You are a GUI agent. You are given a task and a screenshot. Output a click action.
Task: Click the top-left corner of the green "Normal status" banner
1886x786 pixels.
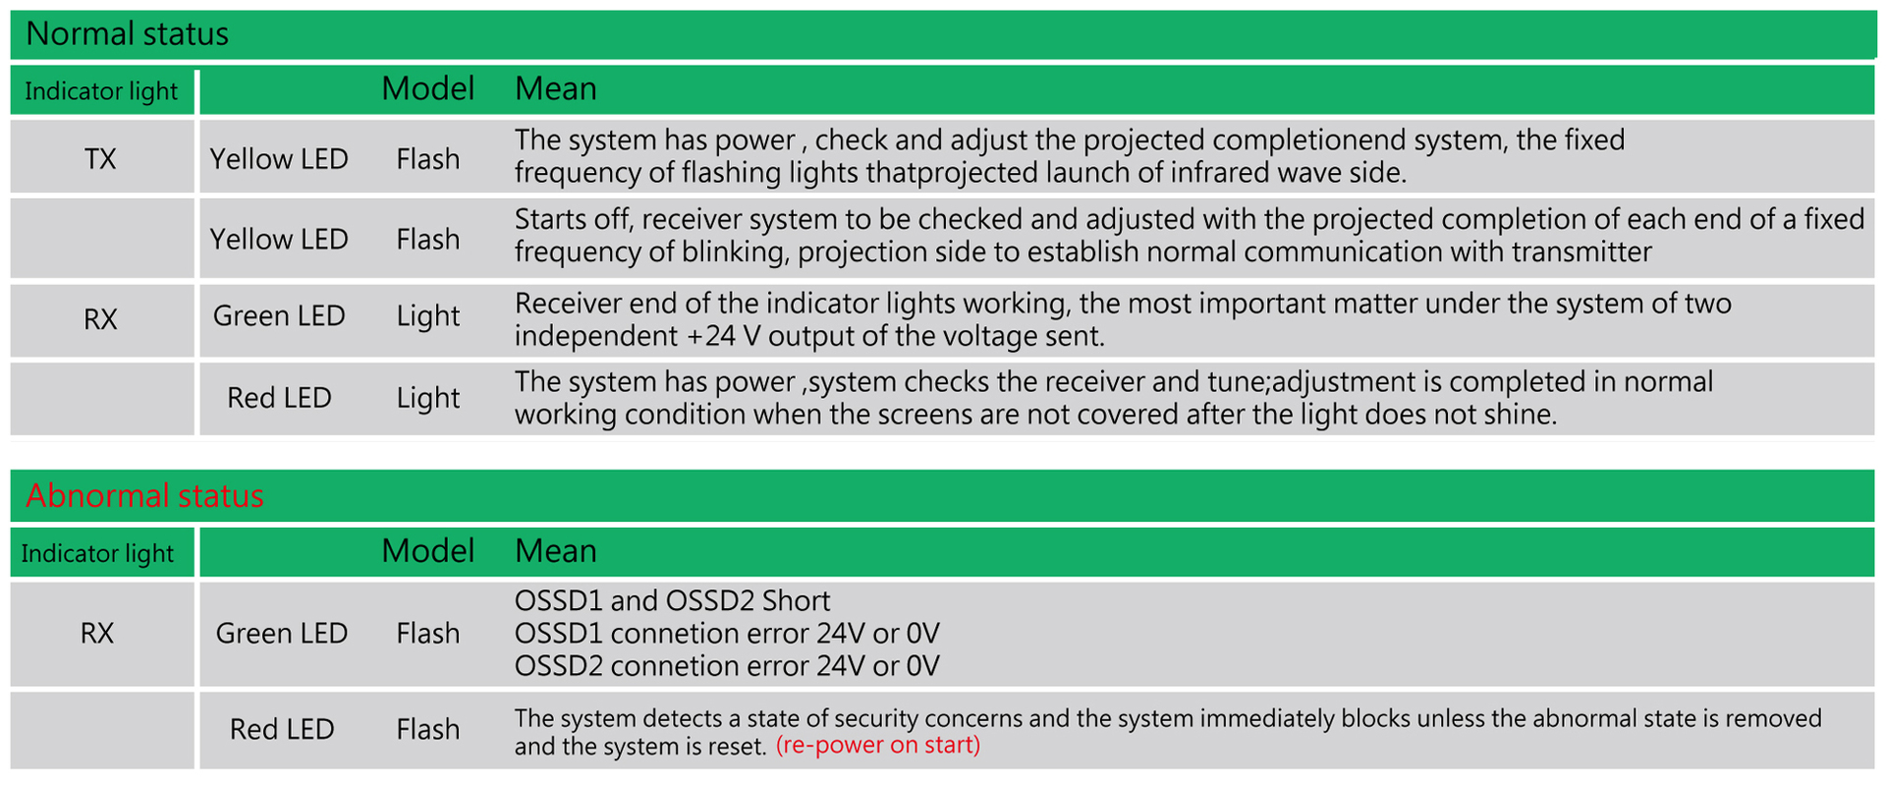pyautogui.click(x=11, y=11)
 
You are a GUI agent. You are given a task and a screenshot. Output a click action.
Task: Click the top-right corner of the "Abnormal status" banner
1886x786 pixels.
pyautogui.click(x=1875, y=470)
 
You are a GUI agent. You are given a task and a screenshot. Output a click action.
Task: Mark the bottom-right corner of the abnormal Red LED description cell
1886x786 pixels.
pyautogui.click(x=1875, y=768)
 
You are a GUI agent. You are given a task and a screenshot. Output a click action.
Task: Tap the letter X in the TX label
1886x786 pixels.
pyautogui.click(x=108, y=159)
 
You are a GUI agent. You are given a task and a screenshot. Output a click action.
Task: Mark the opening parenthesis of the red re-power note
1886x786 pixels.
pyautogui.click(x=780, y=746)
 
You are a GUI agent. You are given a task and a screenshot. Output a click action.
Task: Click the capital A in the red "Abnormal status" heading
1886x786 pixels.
pyautogui.click(x=36, y=495)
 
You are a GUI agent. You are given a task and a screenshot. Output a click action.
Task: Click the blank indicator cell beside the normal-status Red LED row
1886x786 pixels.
pyautogui.click(x=102, y=398)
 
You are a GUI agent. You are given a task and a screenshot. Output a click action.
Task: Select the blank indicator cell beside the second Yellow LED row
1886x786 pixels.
pyautogui.click(x=102, y=238)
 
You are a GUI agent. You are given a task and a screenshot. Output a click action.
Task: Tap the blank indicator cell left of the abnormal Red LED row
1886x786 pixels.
pyautogui.click(x=102, y=730)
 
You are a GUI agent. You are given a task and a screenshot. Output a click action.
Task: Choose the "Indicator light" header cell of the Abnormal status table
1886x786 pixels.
pyautogui.click(x=102, y=552)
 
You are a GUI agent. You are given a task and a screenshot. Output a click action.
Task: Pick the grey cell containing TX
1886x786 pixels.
pyautogui.click(x=102, y=156)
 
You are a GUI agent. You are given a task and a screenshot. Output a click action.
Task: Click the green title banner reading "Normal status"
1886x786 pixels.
pyautogui.click(x=943, y=34)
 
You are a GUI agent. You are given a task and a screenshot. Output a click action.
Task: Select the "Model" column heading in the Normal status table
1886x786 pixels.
pyautogui.click(x=428, y=89)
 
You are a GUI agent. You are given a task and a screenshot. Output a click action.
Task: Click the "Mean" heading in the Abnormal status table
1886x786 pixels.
pyautogui.click(x=556, y=551)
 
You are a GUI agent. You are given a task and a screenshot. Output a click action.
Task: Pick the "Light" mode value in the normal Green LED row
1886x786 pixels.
pyautogui.click(x=428, y=317)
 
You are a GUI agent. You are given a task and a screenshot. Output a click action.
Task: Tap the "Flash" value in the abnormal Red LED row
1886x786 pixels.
pyautogui.click(x=428, y=729)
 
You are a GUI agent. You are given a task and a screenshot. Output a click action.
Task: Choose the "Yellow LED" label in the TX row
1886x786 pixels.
pyautogui.click(x=279, y=159)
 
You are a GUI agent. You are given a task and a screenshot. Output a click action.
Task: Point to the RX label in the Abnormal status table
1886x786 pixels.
pyautogui.click(x=97, y=634)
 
